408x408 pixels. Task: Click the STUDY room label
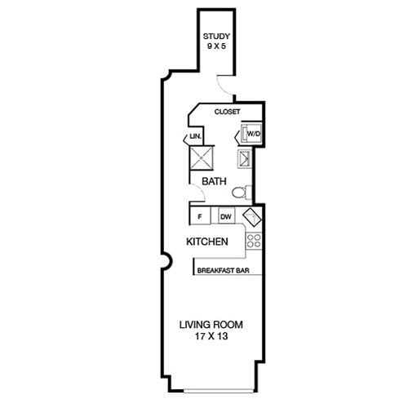(x=216, y=36)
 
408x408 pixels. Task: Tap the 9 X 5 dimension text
(x=216, y=46)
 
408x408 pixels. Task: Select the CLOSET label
(x=227, y=112)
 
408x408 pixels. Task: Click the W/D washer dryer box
(x=251, y=133)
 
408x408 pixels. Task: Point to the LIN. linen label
(x=196, y=136)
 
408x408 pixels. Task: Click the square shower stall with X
(x=202, y=157)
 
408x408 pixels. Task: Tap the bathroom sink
(x=245, y=158)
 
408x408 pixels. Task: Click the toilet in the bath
(x=242, y=193)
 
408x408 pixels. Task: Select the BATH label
(x=214, y=181)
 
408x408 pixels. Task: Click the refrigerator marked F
(x=200, y=216)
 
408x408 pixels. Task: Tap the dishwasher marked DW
(x=226, y=216)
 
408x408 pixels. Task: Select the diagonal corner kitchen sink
(x=251, y=218)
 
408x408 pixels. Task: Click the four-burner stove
(x=254, y=241)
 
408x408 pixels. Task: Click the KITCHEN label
(x=207, y=242)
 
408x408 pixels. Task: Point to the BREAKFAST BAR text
(x=224, y=270)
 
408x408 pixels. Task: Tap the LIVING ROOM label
(x=211, y=325)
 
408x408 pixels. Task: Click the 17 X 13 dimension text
(x=211, y=336)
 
